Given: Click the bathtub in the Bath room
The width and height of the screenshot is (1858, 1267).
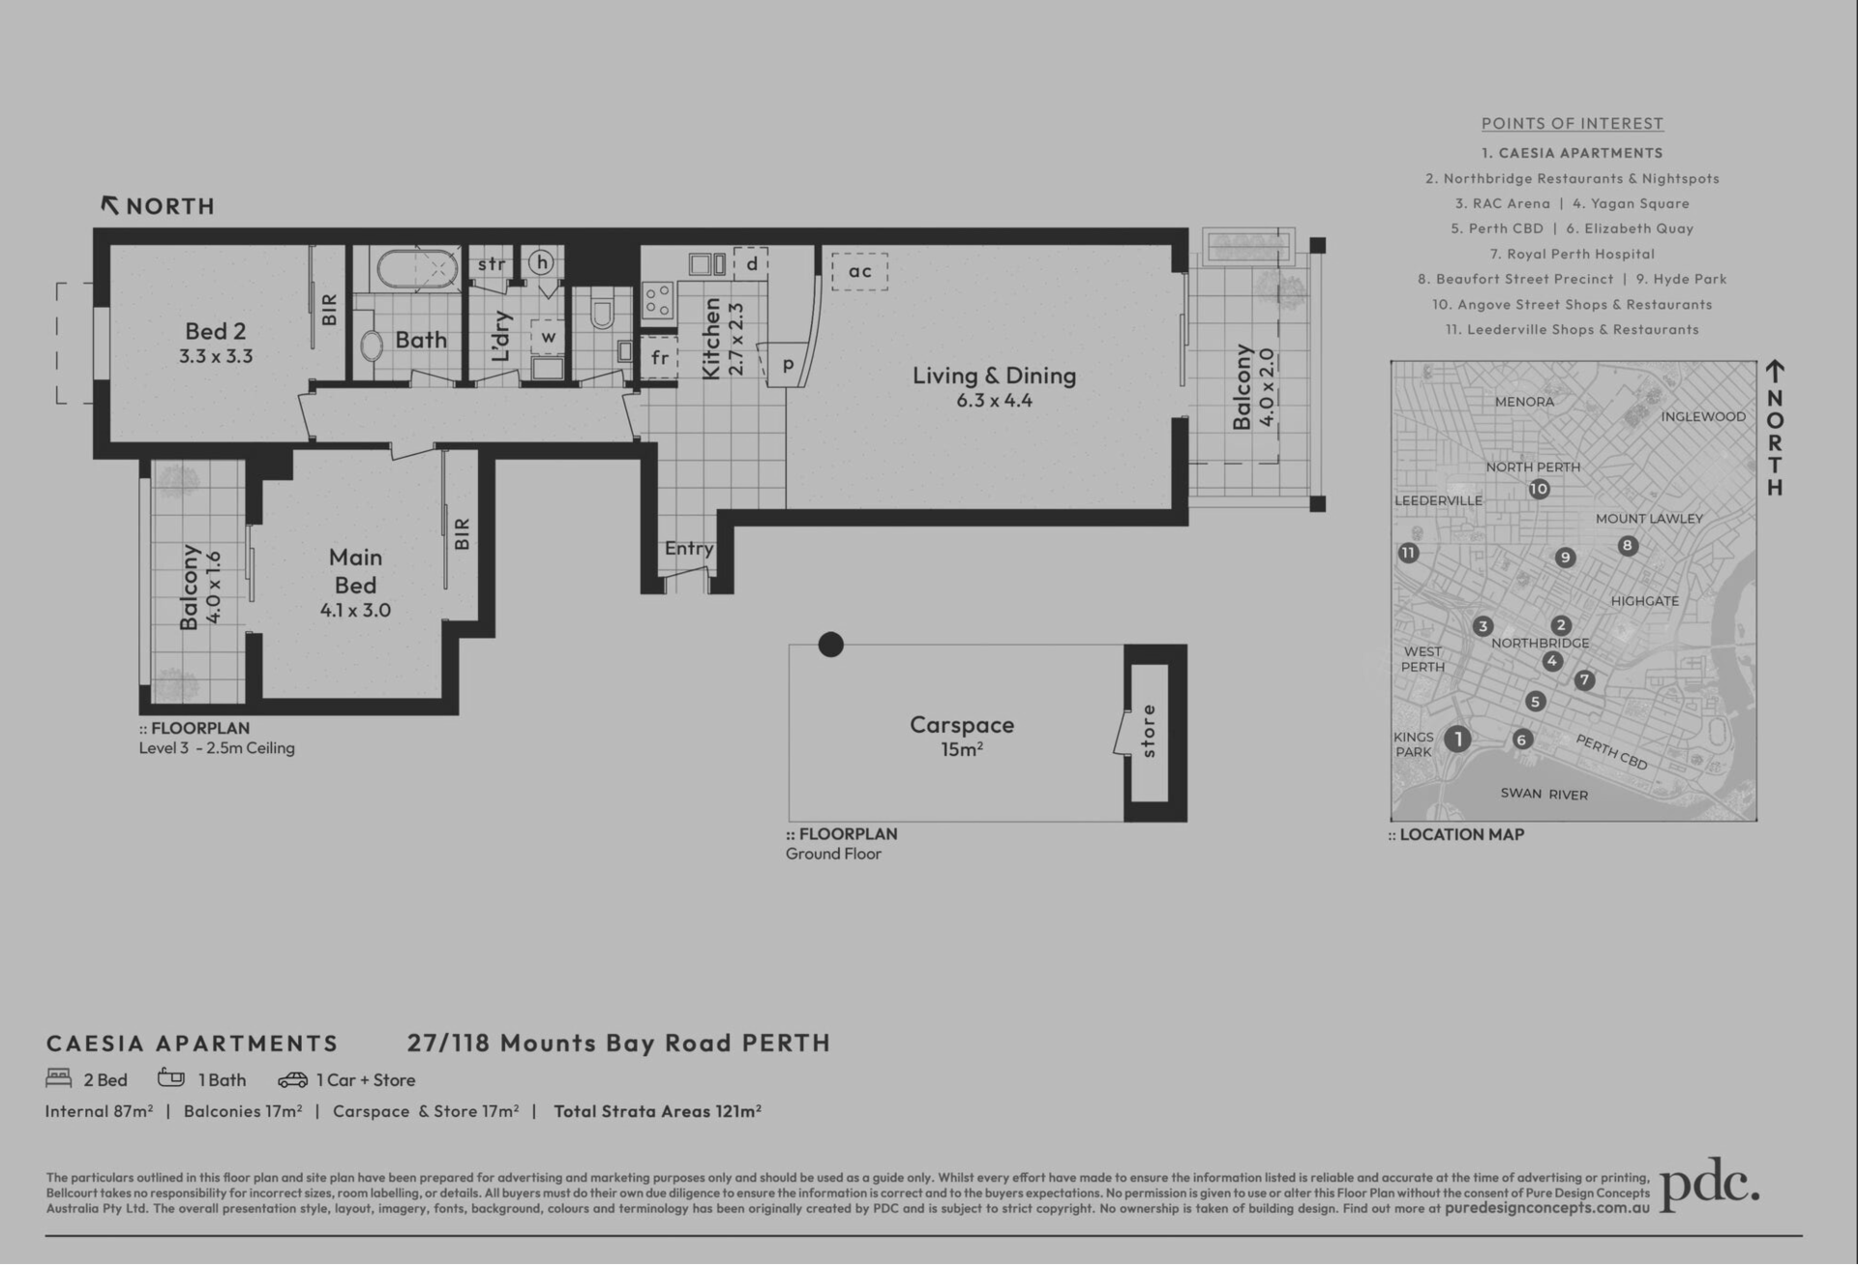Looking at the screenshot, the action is pos(417,269).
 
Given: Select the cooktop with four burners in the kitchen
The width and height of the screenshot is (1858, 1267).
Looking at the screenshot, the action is pos(658,300).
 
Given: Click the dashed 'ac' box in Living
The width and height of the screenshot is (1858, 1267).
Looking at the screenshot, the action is pos(859,271).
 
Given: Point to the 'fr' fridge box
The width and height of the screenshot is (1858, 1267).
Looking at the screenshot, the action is pos(659,357).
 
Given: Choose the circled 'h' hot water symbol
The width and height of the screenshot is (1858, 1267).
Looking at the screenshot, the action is pos(541,262).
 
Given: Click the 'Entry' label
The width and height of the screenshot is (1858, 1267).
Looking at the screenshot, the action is pos(689,549).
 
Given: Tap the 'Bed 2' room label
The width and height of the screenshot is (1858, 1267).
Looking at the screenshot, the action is pos(216,331).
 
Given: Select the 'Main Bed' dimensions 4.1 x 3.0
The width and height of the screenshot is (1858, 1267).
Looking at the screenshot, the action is pos(355,611).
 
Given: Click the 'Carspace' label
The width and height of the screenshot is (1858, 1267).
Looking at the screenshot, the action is pos(962,725).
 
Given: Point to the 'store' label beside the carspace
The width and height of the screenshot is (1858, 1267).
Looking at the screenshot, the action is pos(1149,731).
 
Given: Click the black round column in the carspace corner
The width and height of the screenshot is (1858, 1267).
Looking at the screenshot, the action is pos(830,645).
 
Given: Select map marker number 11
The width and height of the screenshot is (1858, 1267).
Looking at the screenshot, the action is pos(1408,554).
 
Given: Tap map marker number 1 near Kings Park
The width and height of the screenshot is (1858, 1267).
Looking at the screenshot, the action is pos(1457,739).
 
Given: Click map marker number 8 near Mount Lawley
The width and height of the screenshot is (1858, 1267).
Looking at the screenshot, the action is pos(1628,546).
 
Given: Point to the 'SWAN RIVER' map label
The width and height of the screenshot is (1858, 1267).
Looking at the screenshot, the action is pos(1543,795).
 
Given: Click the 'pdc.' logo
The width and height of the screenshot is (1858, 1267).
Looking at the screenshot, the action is pos(1710,1185).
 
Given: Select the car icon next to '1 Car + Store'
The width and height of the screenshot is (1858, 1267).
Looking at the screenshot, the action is pos(292,1080).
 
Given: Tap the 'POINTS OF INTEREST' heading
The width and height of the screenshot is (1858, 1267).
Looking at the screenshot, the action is pos(1573,124).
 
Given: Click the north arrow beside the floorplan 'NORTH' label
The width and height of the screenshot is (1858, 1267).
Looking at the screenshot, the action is pos(110,205).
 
